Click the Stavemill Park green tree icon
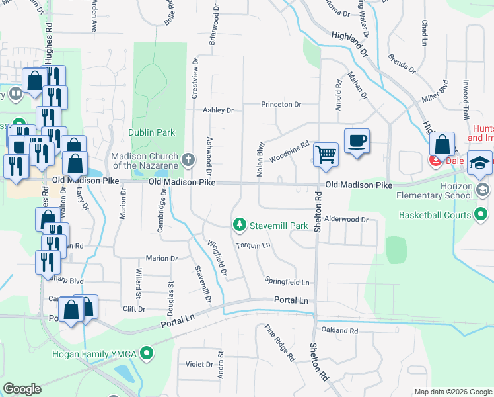[240, 226]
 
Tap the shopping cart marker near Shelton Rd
[326, 154]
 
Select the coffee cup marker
[357, 140]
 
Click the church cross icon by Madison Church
[188, 159]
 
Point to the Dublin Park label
[151, 132]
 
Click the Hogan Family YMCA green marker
[148, 354]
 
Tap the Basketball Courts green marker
[481, 214]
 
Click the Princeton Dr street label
[281, 105]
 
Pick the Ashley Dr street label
[219, 110]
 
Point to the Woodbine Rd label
[289, 148]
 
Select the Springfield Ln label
[287, 282]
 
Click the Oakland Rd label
[339, 330]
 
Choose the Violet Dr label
[199, 364]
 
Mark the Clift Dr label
[134, 308]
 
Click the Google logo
[22, 389]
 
